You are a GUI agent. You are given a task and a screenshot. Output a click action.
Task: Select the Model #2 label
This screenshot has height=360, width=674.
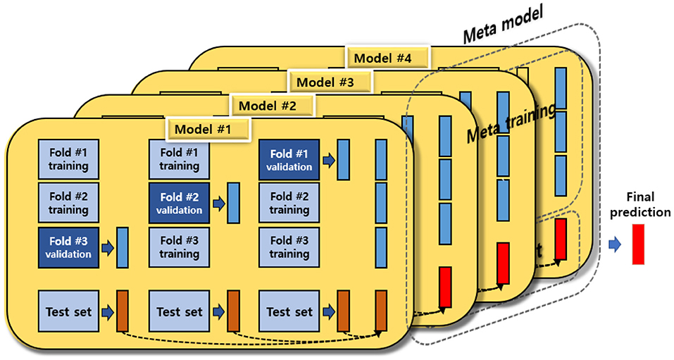tap(268, 106)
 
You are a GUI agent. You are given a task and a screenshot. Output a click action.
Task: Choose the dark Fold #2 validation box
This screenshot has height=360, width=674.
tap(178, 203)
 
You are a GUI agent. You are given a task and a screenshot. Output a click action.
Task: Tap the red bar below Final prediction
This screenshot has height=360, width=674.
tap(638, 243)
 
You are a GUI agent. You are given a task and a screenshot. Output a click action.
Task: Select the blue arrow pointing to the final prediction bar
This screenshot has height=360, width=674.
tap(615, 244)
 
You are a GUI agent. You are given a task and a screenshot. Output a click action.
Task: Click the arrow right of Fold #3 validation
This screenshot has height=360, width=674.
tap(107, 248)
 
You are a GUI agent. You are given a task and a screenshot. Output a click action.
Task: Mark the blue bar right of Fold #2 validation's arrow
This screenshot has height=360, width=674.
tap(233, 203)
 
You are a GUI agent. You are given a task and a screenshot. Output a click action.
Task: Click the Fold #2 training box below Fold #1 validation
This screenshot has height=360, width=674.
tap(289, 203)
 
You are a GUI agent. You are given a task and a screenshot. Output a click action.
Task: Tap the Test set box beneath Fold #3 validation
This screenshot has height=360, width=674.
tap(68, 311)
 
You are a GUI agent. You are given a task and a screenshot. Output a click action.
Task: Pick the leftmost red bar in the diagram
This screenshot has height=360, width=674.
tap(445, 287)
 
